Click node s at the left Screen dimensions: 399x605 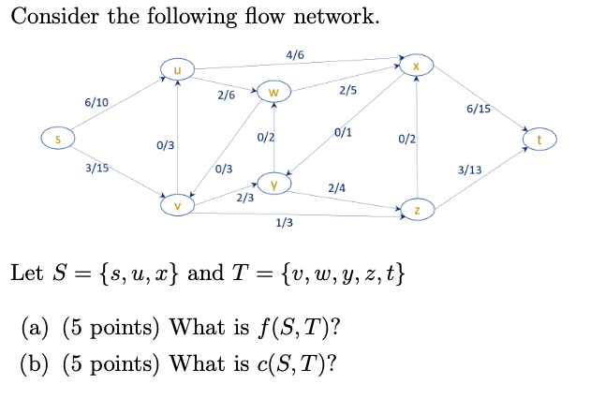point(56,140)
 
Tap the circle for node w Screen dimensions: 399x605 point(273,92)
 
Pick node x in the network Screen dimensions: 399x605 point(417,65)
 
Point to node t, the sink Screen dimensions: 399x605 point(540,140)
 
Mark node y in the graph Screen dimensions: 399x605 point(273,182)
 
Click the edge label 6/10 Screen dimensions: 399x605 point(96,101)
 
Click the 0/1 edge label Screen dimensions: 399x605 point(344,132)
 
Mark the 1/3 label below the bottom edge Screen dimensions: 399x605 point(284,223)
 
